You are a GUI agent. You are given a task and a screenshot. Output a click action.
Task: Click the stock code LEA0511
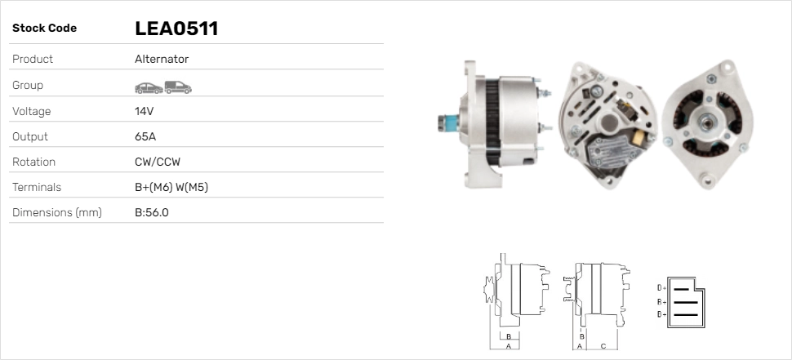coord(176,29)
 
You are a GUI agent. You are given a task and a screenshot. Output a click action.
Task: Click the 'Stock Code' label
coord(44,29)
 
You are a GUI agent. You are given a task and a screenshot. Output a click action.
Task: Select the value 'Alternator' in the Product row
coord(162,59)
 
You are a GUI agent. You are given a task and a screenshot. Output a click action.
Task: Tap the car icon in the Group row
coord(149,88)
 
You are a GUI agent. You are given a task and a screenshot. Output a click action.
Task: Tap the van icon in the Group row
coord(178,87)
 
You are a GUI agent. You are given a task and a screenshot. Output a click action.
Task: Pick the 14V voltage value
coord(144,111)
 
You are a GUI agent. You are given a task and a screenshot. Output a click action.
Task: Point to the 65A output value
coord(145,136)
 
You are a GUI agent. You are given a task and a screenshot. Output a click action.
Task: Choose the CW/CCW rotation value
coord(158,162)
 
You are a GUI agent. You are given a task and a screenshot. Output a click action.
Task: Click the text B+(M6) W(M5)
coord(171,187)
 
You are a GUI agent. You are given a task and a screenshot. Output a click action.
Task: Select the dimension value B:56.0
coord(152,212)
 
